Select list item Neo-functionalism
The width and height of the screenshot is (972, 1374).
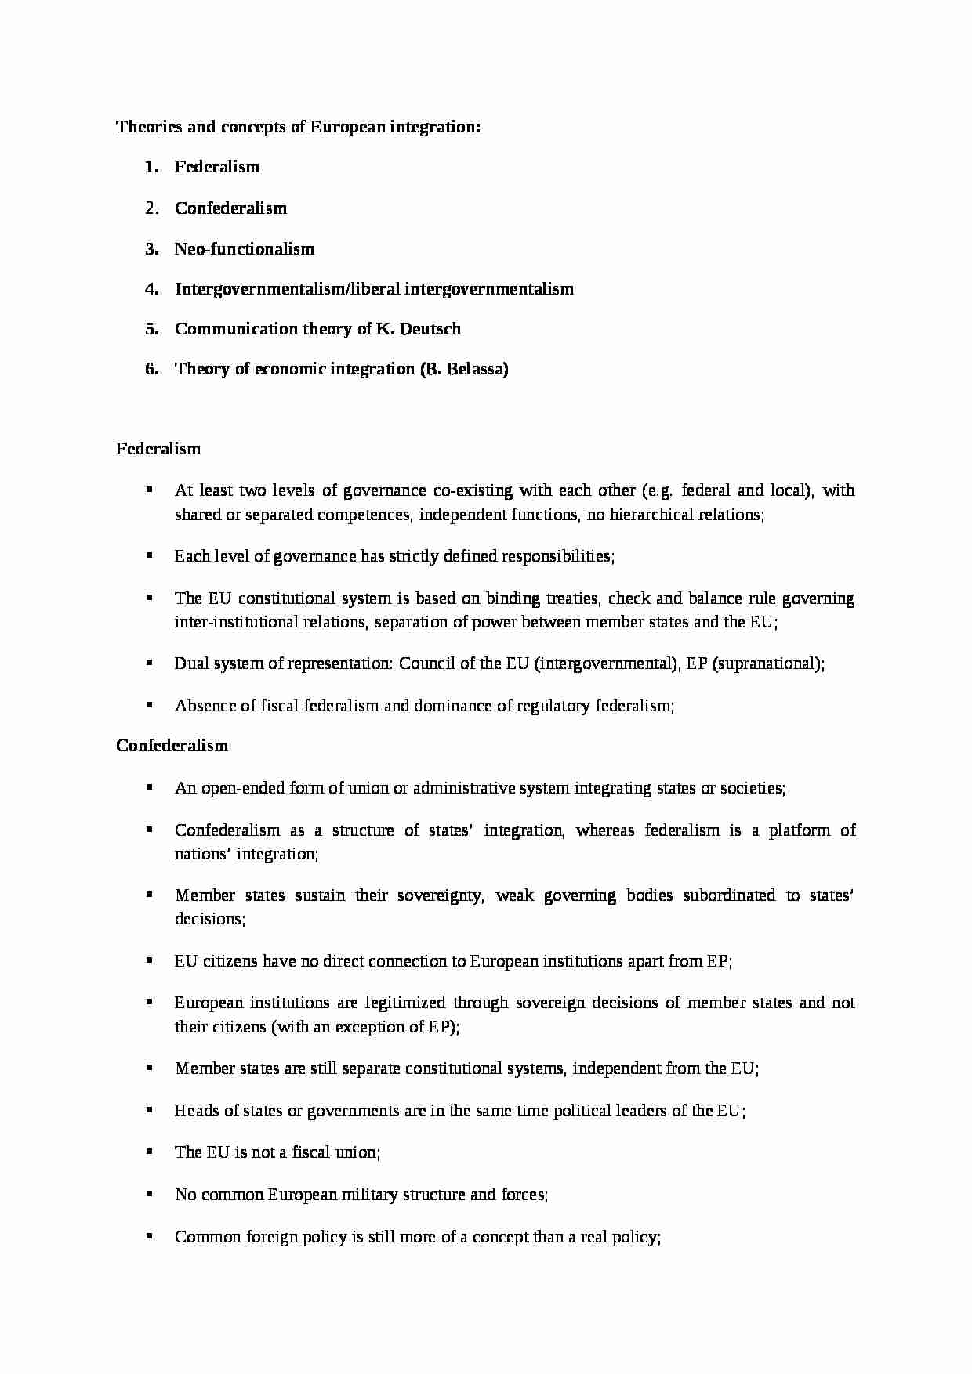tap(244, 249)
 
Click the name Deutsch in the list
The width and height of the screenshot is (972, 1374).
tap(430, 329)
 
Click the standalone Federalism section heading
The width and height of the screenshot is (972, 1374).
tap(158, 449)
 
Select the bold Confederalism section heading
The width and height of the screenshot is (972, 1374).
tap(172, 746)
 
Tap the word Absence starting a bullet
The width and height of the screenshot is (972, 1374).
tap(205, 706)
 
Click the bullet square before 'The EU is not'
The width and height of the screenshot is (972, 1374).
tap(148, 1152)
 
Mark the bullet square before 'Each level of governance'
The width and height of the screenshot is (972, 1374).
tap(148, 555)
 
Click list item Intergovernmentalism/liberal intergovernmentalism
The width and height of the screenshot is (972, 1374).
tap(374, 289)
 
